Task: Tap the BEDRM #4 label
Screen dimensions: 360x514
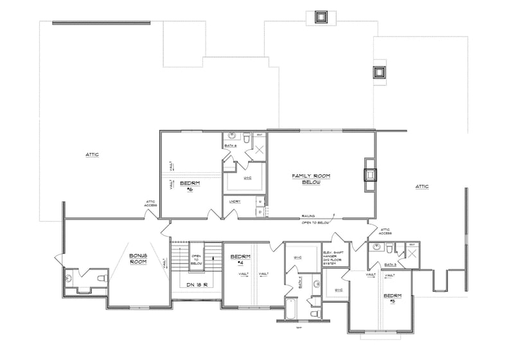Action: pyautogui.click(x=236, y=260)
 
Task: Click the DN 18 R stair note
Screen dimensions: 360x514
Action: pyautogui.click(x=196, y=285)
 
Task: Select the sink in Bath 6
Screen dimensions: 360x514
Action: pyautogui.click(x=246, y=137)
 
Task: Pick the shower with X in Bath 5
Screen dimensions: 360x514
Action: pyautogui.click(x=412, y=254)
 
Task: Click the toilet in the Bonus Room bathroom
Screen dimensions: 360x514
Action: pyautogui.click(x=101, y=278)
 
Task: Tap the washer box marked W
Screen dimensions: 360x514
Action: pyautogui.click(x=260, y=202)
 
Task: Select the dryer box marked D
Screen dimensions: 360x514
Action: pyautogui.click(x=260, y=212)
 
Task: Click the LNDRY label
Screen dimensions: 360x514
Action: pyautogui.click(x=235, y=202)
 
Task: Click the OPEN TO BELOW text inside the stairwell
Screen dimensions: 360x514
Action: pyautogui.click(x=197, y=259)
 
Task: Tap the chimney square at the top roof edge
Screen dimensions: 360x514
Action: pyautogui.click(x=321, y=17)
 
